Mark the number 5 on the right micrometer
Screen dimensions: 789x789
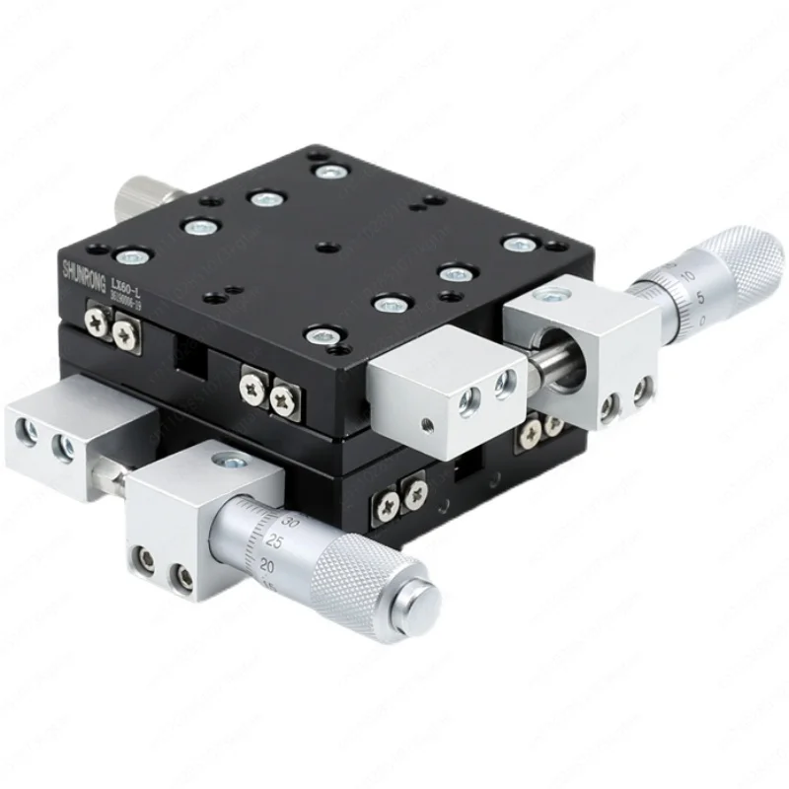click(x=697, y=297)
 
